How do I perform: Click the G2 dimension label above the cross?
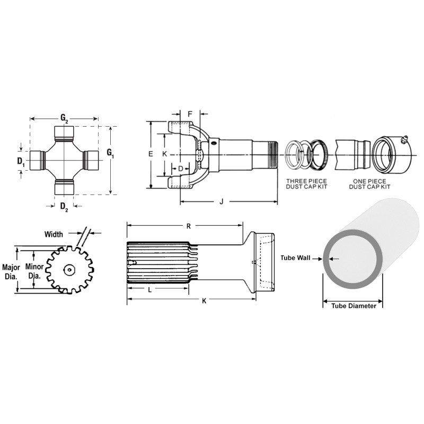(x=64, y=118)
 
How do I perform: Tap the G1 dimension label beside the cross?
(x=110, y=153)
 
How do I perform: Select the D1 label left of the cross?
(x=21, y=162)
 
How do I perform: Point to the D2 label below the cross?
(x=64, y=207)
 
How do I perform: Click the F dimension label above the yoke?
(x=190, y=114)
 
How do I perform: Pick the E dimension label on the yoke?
(x=151, y=154)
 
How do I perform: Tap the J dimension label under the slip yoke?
(x=222, y=201)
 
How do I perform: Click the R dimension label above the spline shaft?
(x=189, y=226)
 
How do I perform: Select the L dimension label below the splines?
(x=150, y=290)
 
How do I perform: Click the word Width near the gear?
(x=54, y=234)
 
